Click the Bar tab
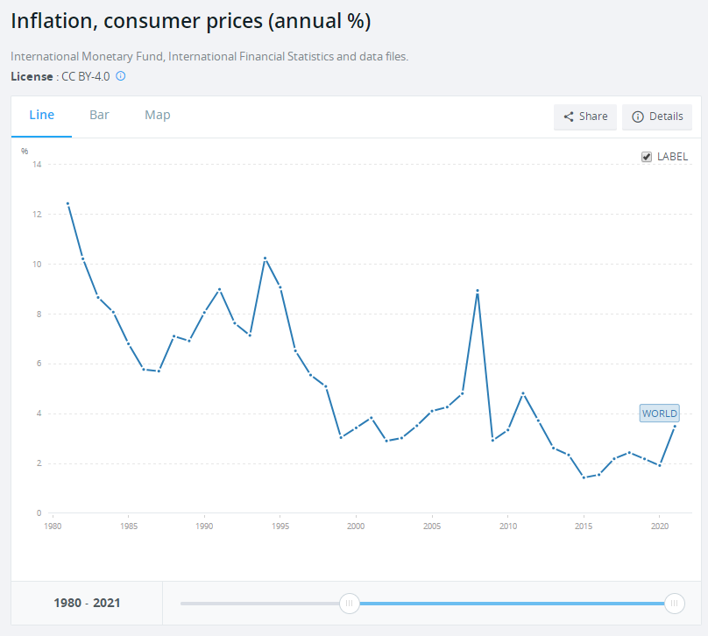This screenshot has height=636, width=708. click(99, 115)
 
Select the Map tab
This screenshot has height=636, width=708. click(158, 115)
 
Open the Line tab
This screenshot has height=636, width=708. click(41, 115)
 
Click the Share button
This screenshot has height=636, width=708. click(585, 117)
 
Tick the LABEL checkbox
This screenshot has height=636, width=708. click(647, 157)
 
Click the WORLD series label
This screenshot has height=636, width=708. click(659, 413)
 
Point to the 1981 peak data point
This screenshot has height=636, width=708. click(67, 204)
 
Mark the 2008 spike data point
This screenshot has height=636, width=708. click(478, 291)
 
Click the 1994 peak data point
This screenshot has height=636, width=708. click(265, 258)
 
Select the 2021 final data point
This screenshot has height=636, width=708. click(675, 427)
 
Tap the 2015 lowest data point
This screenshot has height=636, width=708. click(584, 477)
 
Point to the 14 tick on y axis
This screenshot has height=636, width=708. click(37, 165)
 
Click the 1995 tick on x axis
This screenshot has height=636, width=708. click(280, 526)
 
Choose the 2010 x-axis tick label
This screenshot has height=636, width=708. click(507, 526)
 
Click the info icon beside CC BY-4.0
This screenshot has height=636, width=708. click(121, 76)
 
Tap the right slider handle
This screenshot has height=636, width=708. click(675, 603)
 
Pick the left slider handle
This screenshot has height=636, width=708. click(350, 603)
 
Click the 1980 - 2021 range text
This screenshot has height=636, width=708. click(87, 603)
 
